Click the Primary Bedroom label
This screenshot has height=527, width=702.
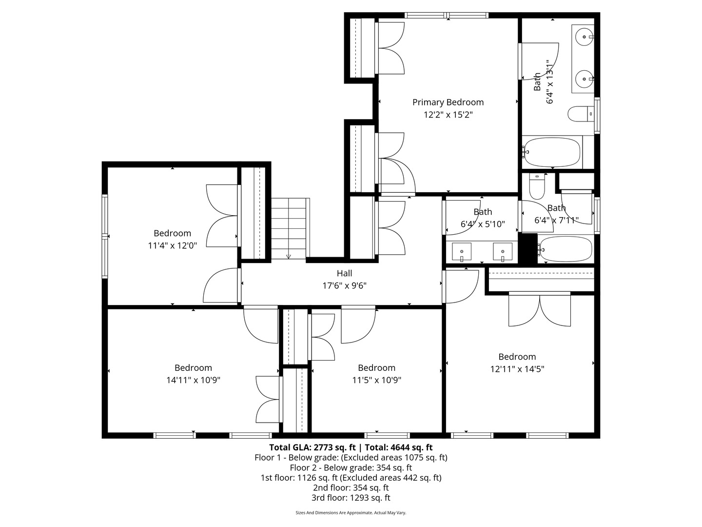pos(448,102)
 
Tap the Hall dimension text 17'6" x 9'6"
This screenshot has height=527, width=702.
pos(344,286)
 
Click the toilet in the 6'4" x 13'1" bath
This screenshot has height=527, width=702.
pos(580,114)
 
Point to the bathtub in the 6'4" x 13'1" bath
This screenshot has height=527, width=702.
pos(552,152)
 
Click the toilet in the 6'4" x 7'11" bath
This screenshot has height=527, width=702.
pos(536,187)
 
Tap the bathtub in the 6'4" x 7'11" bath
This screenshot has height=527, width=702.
pos(565,249)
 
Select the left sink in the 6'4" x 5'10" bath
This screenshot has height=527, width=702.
pos(461,252)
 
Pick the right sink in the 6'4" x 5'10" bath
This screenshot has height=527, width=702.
pos(503,252)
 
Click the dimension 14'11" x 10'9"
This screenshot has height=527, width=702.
pos(193,380)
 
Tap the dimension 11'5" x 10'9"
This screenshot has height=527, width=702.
pos(376,380)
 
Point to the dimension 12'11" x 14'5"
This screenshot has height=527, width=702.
pos(517,369)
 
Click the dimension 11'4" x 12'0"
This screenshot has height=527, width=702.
pos(172,246)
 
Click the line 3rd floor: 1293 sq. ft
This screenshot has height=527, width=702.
pos(351,498)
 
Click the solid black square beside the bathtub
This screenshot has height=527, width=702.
pos(527,249)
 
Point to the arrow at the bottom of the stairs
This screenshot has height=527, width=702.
pos(288,256)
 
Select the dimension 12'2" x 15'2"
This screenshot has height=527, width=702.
pos(448,115)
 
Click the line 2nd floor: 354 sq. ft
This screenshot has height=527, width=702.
pos(351,487)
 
